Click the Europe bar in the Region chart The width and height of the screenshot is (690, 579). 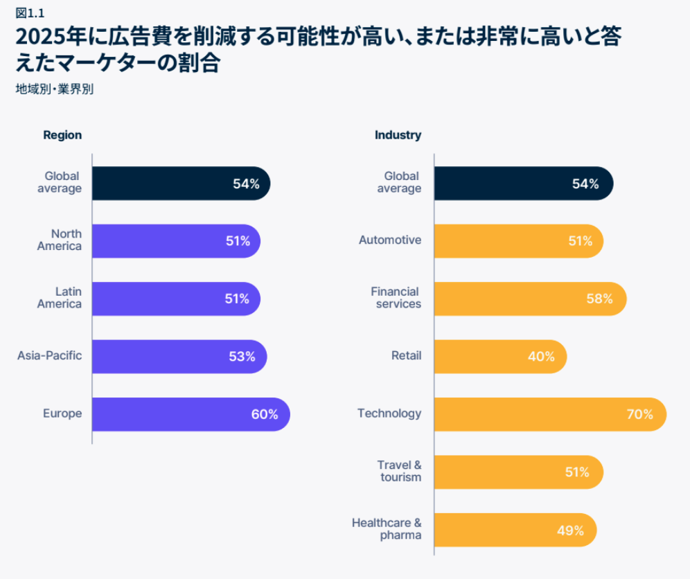(x=191, y=414)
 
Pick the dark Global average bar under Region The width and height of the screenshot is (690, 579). (x=180, y=184)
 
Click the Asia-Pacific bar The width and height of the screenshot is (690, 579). (x=179, y=357)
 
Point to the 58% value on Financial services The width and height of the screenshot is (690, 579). (x=599, y=299)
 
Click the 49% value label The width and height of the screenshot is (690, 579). (x=570, y=531)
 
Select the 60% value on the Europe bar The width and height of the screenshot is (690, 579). (x=265, y=414)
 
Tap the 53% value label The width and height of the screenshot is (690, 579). (x=242, y=357)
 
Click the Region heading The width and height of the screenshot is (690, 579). (x=62, y=135)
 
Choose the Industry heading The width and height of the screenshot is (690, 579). (x=398, y=135)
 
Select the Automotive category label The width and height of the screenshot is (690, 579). (x=390, y=240)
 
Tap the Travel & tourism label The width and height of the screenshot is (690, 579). (x=400, y=471)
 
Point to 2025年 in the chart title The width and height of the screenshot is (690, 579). (x=48, y=37)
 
